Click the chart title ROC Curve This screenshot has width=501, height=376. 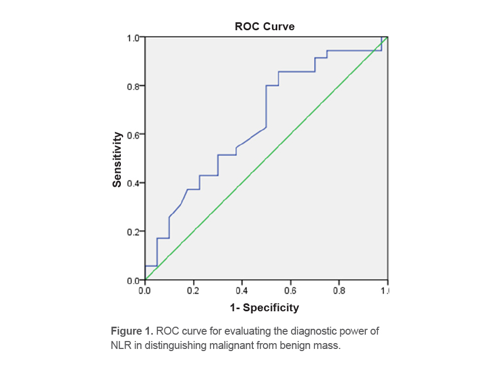coord(265,27)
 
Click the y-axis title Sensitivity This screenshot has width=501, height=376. coord(117,159)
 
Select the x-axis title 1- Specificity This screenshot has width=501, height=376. coord(265,308)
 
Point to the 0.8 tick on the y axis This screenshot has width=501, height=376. coord(132,86)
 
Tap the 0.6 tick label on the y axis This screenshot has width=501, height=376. coord(132,135)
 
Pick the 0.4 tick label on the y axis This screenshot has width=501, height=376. coord(132,183)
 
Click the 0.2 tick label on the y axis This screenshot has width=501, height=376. coord(132,232)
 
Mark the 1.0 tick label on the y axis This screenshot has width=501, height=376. coord(132,38)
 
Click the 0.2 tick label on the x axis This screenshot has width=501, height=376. coord(193,291)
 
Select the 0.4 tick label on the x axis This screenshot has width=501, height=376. coord(242,291)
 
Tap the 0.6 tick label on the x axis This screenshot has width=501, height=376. coord(290,291)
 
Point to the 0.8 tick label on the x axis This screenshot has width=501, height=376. coord(339,291)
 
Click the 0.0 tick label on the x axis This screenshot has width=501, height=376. coord(145,291)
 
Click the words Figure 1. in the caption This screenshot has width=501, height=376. coord(132,331)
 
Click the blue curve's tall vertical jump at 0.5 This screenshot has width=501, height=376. coord(266,106)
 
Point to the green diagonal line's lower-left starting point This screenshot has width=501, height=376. coord(145,279)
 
